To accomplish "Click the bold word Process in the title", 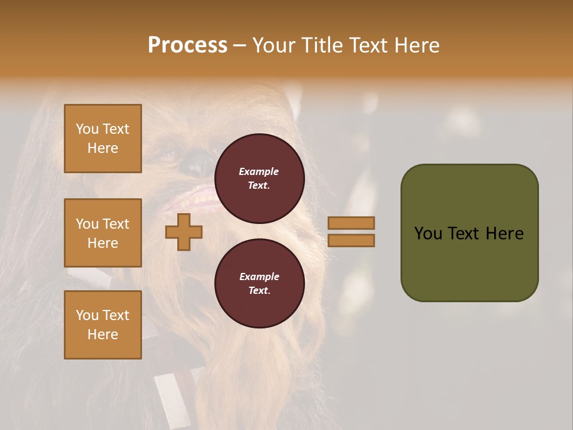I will coord(187,45).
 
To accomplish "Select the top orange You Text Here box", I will coord(103,139).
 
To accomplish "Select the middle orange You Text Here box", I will coord(103,233).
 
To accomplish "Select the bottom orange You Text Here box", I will coord(103,325).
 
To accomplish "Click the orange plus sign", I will coord(184,232).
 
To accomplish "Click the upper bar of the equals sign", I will coord(352,223).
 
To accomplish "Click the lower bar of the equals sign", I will coord(352,241).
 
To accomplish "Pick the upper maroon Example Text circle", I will coord(260,179).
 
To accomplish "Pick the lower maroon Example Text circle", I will coord(260,283).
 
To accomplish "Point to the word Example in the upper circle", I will coord(258,171).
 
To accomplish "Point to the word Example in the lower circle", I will coord(259,277).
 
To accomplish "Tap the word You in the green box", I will coord(428,234).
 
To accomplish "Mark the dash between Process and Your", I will coord(239,45).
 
